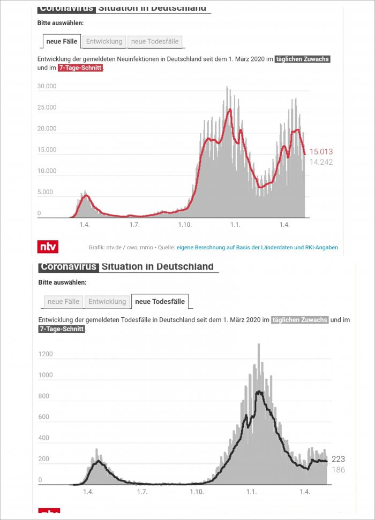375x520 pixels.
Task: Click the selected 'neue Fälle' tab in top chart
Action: coord(62,41)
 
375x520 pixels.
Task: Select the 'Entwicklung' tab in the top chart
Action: coord(105,41)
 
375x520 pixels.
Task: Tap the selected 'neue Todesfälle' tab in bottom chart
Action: coord(160,302)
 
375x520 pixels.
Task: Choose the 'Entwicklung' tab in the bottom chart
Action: coord(107,302)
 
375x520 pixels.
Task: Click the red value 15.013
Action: coord(321,151)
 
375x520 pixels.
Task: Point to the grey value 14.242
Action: coord(321,162)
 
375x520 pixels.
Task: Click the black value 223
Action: coord(338,459)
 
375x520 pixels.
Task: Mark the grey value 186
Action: coord(338,470)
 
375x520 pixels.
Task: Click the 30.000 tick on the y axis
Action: coord(47,86)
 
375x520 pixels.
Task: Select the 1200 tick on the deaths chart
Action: coord(46,354)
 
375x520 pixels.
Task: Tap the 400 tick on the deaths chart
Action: coord(43,438)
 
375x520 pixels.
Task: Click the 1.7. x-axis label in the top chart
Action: coord(134,225)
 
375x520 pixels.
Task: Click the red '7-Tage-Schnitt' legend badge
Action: coord(80,68)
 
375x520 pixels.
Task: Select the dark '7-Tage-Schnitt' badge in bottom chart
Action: coord(62,329)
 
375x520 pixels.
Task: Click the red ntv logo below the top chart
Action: coord(48,247)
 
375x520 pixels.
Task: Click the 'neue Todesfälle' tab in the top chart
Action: coord(155,41)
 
